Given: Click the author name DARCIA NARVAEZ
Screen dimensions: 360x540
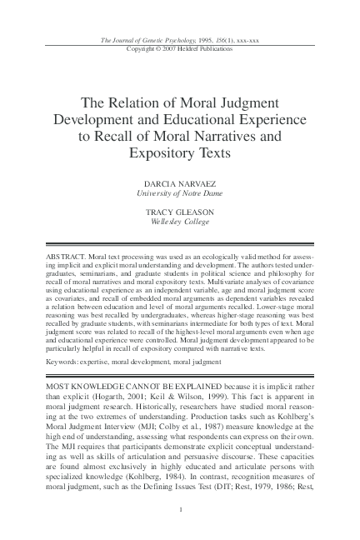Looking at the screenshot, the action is [180, 182].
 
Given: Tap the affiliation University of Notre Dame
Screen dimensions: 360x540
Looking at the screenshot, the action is [180, 192].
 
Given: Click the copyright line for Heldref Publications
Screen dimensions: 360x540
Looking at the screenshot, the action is [180, 47].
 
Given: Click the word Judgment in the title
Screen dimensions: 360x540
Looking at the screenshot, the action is [251, 100].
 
